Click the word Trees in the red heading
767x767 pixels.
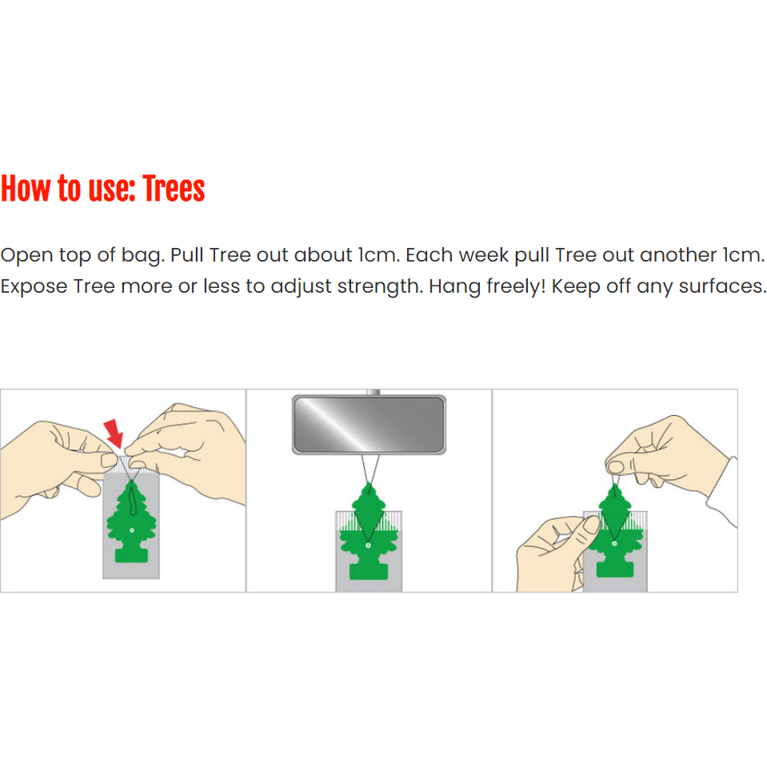pos(174,190)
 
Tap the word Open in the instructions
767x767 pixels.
pos(26,256)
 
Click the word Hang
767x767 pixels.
pos(451,286)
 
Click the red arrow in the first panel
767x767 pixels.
pos(114,431)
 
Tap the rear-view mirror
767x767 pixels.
pos(368,425)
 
